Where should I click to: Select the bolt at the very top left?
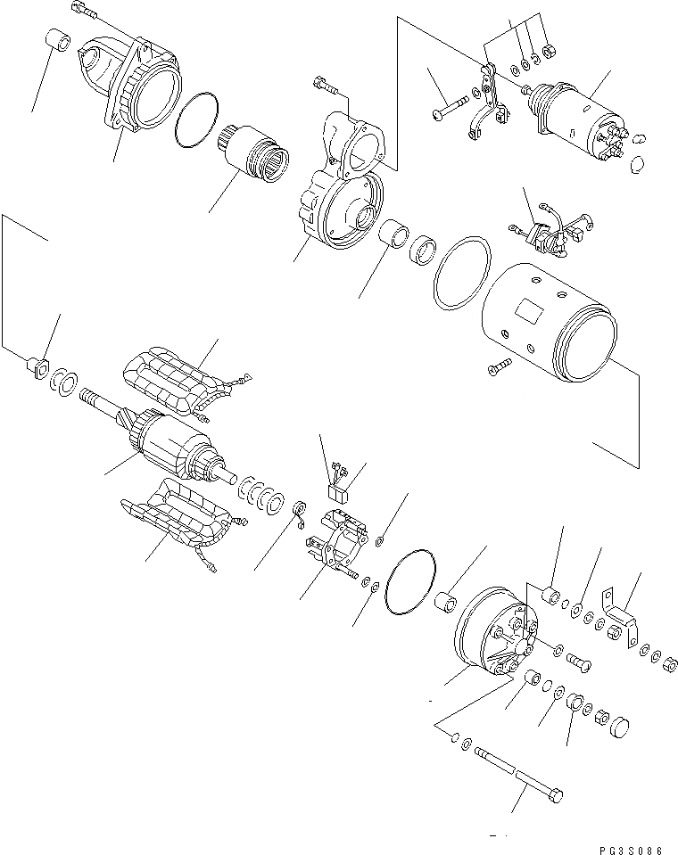pyautogui.click(x=81, y=10)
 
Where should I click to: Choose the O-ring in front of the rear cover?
pyautogui.click(x=411, y=581)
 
